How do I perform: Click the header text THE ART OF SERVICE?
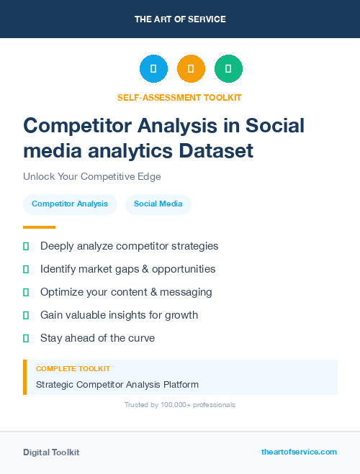180,19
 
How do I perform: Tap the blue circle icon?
153,69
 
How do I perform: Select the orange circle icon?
191,69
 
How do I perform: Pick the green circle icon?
228,69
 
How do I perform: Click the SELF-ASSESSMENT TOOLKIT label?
179,97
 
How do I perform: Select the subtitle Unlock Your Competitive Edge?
91,176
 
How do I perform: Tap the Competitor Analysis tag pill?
70,204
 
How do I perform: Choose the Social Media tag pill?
158,204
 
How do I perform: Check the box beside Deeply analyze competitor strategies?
26,246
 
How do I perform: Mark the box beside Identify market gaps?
26,269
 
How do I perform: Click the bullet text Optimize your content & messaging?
126,292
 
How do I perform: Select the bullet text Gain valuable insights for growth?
119,315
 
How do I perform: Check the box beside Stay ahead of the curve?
26,338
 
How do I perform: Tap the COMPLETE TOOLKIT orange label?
68,368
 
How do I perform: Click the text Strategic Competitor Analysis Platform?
117,385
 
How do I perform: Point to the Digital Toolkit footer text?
51,452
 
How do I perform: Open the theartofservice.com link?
299,452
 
